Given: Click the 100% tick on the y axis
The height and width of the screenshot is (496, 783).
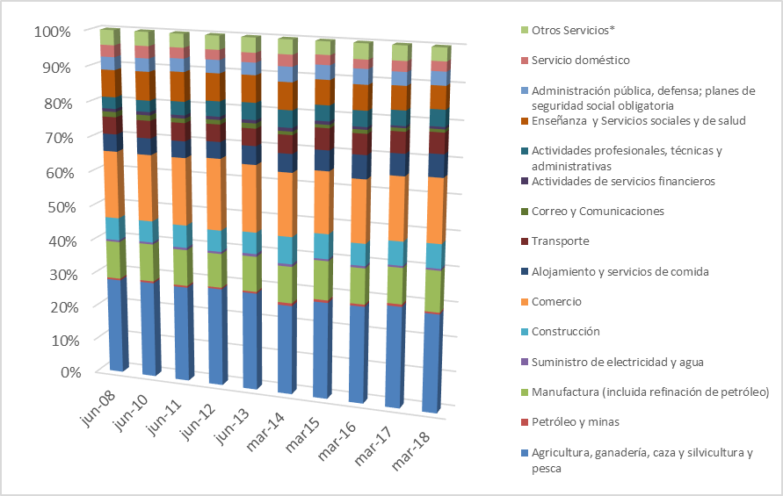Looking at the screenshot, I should click(x=53, y=32).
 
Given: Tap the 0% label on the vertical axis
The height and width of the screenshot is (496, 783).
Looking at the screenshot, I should click(x=60, y=372).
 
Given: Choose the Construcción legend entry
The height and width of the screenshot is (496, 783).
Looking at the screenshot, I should click(x=566, y=332).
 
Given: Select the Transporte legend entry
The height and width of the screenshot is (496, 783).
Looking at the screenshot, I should click(x=560, y=241).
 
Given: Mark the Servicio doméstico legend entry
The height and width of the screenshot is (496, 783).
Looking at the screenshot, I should click(x=580, y=60).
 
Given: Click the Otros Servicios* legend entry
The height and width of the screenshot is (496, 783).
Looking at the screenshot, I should click(x=573, y=30).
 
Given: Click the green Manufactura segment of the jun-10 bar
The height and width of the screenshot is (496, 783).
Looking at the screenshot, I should click(x=149, y=262).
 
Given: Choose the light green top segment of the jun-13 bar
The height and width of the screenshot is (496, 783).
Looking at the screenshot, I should click(x=249, y=45).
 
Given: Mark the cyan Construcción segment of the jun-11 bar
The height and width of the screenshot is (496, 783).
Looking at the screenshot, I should click(x=182, y=236).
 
